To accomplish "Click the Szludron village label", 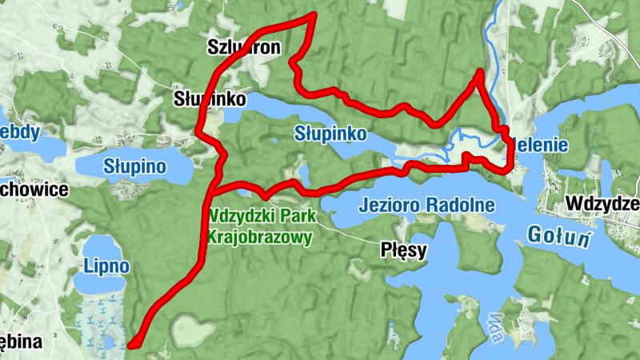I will click(x=244, y=47).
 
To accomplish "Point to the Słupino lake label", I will click(x=134, y=166).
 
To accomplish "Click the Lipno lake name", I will click(x=106, y=264).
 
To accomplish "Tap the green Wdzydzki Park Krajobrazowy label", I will click(x=262, y=226).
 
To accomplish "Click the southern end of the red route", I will click(x=132, y=346).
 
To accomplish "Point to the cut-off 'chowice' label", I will click(x=29, y=190).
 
